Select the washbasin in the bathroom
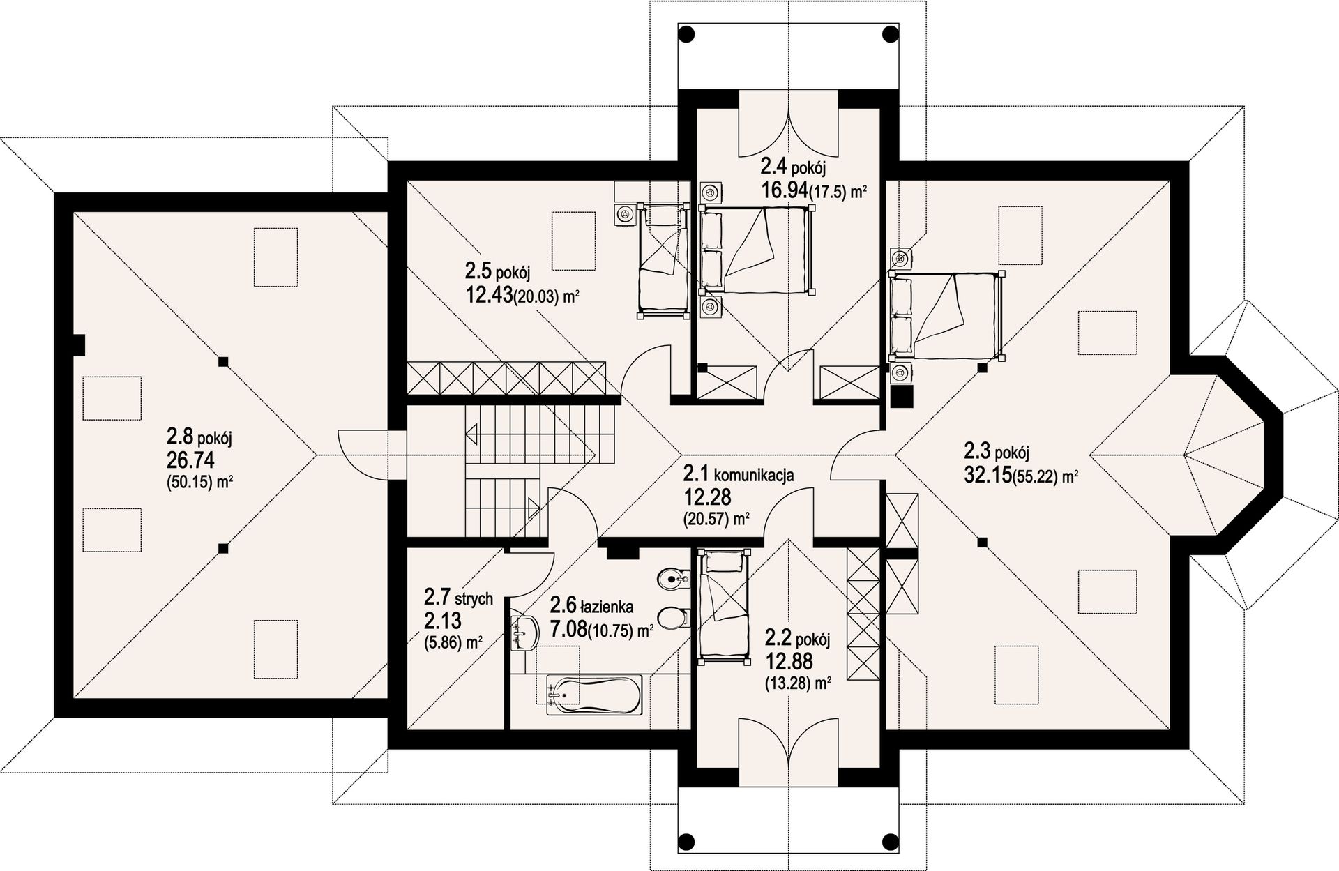(524, 633)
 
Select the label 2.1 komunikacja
(739, 475)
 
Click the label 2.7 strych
(458, 598)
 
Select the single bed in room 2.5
(662, 261)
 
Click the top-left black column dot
(687, 33)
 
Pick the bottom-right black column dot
(890, 839)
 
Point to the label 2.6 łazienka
(591, 605)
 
